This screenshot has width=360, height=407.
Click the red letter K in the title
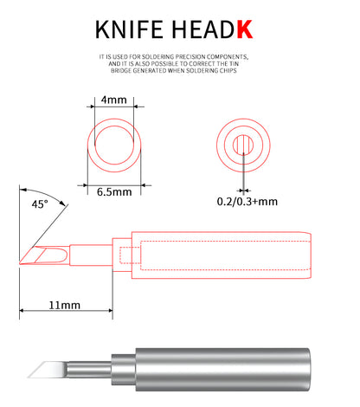[245, 29]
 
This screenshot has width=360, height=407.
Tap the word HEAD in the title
[202, 29]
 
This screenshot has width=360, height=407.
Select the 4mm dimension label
[114, 100]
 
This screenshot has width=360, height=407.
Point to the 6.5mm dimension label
[114, 192]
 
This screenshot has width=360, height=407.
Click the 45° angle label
[40, 204]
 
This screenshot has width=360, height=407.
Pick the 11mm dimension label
[64, 305]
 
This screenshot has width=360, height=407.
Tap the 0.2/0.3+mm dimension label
[247, 202]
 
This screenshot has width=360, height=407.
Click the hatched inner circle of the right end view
[243, 145]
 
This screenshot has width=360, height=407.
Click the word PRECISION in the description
[190, 56]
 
